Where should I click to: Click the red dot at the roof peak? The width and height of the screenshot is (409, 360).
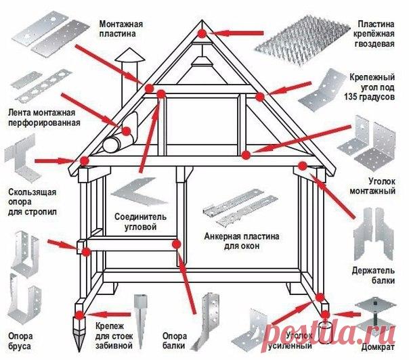[202, 32]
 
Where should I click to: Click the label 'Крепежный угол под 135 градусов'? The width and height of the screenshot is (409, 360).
[370, 87]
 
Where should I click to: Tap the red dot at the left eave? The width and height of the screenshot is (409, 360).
[85, 160]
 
